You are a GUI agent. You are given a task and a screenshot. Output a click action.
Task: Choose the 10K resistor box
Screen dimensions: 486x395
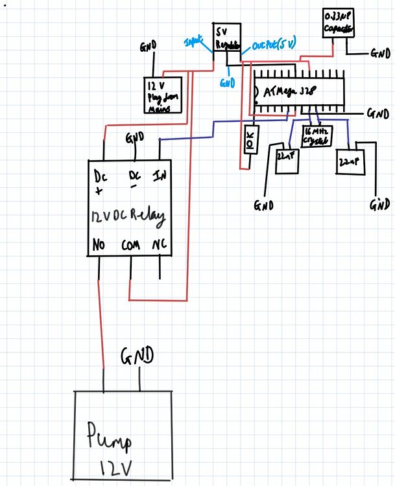coord(250,139)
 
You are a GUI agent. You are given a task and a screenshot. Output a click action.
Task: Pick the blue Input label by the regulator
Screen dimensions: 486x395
coord(194,41)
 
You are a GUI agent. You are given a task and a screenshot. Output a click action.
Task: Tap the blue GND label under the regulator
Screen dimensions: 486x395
coord(228,83)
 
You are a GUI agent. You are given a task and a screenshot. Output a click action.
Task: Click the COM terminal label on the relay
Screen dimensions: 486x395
coord(130,247)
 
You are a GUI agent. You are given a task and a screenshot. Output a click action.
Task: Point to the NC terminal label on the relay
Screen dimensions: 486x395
coord(159,246)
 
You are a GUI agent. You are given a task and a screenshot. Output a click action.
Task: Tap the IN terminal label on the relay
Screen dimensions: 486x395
coord(160,176)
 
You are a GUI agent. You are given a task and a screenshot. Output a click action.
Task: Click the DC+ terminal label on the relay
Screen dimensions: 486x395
coord(100,182)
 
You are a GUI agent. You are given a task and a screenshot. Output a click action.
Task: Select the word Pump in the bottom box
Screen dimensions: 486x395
coord(110,443)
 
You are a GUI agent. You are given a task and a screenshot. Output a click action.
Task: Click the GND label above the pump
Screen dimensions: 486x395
coord(137,355)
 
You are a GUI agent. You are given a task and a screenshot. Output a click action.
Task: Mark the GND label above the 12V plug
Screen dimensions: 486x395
coord(148,47)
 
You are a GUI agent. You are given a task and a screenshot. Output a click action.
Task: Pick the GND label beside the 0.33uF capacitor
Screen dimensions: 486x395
coord(379,53)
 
